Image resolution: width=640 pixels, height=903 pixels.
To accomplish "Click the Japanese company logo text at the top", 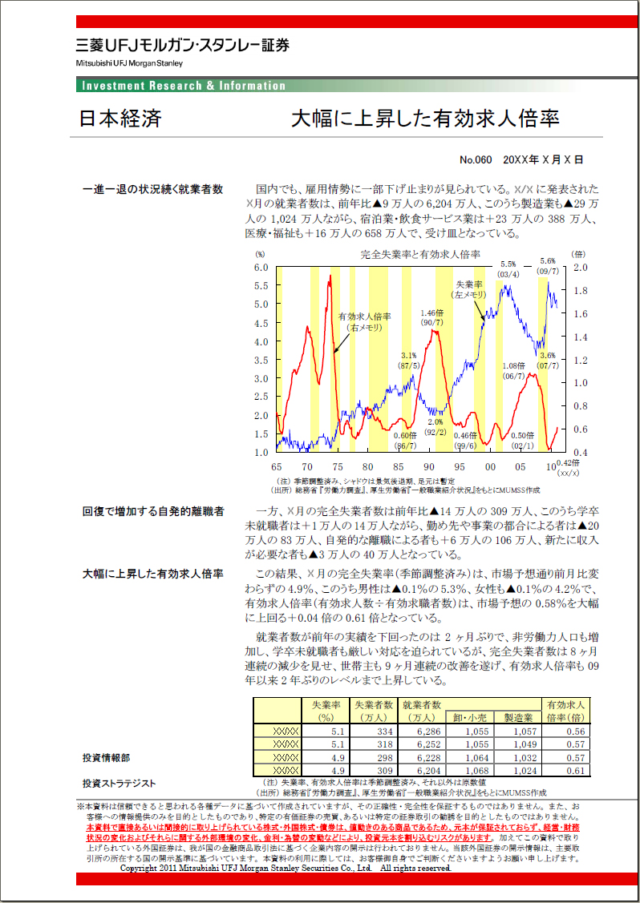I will click(183, 46).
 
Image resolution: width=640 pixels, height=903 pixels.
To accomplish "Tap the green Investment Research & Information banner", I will click(184, 86).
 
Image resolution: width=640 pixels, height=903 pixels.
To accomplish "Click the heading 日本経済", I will click(120, 119).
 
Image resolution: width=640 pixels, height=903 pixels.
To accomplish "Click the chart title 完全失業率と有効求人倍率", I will click(420, 255).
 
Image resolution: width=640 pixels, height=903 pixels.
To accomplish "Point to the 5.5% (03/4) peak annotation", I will click(508, 269).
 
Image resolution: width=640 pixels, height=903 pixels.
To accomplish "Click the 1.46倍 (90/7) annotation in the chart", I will click(432, 317).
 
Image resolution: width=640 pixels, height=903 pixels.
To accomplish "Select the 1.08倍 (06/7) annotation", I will click(514, 370).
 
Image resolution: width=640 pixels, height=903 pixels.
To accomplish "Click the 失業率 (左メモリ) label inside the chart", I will click(470, 289).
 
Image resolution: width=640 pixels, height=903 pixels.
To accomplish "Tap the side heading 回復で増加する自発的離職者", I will click(153, 510).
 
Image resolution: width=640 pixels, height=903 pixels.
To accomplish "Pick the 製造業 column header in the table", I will click(518, 718).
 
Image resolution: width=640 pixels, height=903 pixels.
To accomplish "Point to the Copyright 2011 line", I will click(285, 868).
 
